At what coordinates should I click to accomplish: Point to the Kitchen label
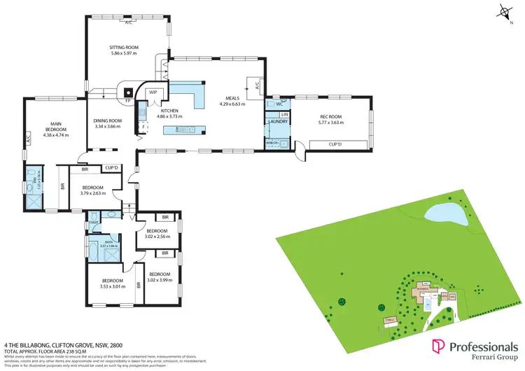pyautogui.click(x=169, y=111)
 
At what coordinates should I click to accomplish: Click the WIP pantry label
pyautogui.click(x=153, y=92)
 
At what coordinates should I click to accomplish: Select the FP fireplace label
pyautogui.click(x=128, y=102)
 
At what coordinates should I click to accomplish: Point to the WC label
pyautogui.click(x=279, y=104)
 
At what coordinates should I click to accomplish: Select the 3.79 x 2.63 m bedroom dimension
pyautogui.click(x=92, y=192)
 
